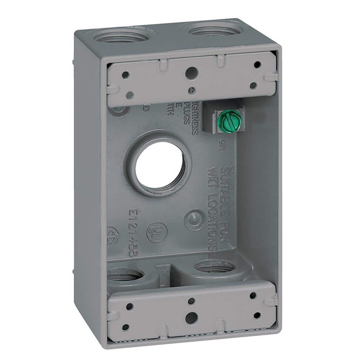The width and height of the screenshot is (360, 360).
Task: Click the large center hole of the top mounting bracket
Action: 190,73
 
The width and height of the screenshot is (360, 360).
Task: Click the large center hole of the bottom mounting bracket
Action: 191,317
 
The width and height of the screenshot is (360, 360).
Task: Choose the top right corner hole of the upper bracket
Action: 257,65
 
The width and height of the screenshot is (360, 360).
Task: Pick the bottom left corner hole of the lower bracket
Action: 125,327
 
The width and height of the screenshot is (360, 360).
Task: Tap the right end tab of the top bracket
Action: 271,77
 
